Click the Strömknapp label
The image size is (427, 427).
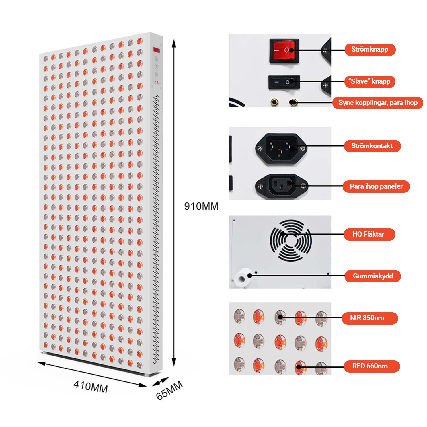pyautogui.click(x=370, y=50)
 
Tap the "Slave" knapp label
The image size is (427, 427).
pyautogui.click(x=370, y=82)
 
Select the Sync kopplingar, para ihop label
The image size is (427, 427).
pyautogui.click(x=378, y=103)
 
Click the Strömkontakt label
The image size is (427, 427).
pyautogui.click(x=372, y=146)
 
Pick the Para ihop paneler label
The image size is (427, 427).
pyautogui.click(x=376, y=186)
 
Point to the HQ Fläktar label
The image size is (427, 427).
pyautogui.click(x=369, y=234)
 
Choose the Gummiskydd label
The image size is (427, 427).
pyautogui.click(x=373, y=276)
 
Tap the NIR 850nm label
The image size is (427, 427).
pyautogui.click(x=369, y=318)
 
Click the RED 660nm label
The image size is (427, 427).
pyautogui.click(x=372, y=366)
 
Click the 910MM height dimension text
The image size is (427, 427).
pyautogui.click(x=201, y=206)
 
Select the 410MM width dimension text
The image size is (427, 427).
pyautogui.click(x=91, y=387)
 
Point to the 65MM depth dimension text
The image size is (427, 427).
pyautogui.click(x=169, y=390)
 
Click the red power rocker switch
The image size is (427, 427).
pyautogui.click(x=284, y=51)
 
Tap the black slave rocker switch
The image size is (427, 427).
pyautogui.click(x=284, y=82)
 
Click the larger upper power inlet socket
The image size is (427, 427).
pyautogui.click(x=281, y=148)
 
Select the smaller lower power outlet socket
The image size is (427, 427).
pyautogui.click(x=282, y=186)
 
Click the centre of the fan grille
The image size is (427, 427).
pyautogui.click(x=291, y=241)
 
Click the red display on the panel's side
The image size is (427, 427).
pyautogui.click(x=157, y=50)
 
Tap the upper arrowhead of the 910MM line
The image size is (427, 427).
pyautogui.click(x=174, y=43)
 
